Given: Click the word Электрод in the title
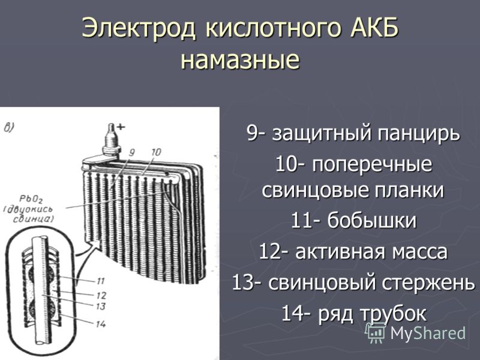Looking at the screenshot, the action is coord(139,28).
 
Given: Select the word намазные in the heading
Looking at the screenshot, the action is coord(240,59).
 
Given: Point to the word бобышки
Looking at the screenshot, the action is coord(371,220).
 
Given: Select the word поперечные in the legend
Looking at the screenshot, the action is coord(372,165).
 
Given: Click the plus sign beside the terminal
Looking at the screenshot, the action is coord(121,127).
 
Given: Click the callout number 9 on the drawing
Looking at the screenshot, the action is coord(132,152).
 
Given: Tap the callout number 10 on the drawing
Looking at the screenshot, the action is coord(156,152).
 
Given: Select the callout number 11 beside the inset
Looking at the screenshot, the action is coord(100,280).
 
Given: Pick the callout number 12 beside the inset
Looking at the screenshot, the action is coord(101,295).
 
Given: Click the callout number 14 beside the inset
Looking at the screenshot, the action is coord(101,324).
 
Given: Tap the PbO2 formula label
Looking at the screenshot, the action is coord(31,199).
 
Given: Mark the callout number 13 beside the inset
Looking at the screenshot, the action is coord(101,306).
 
